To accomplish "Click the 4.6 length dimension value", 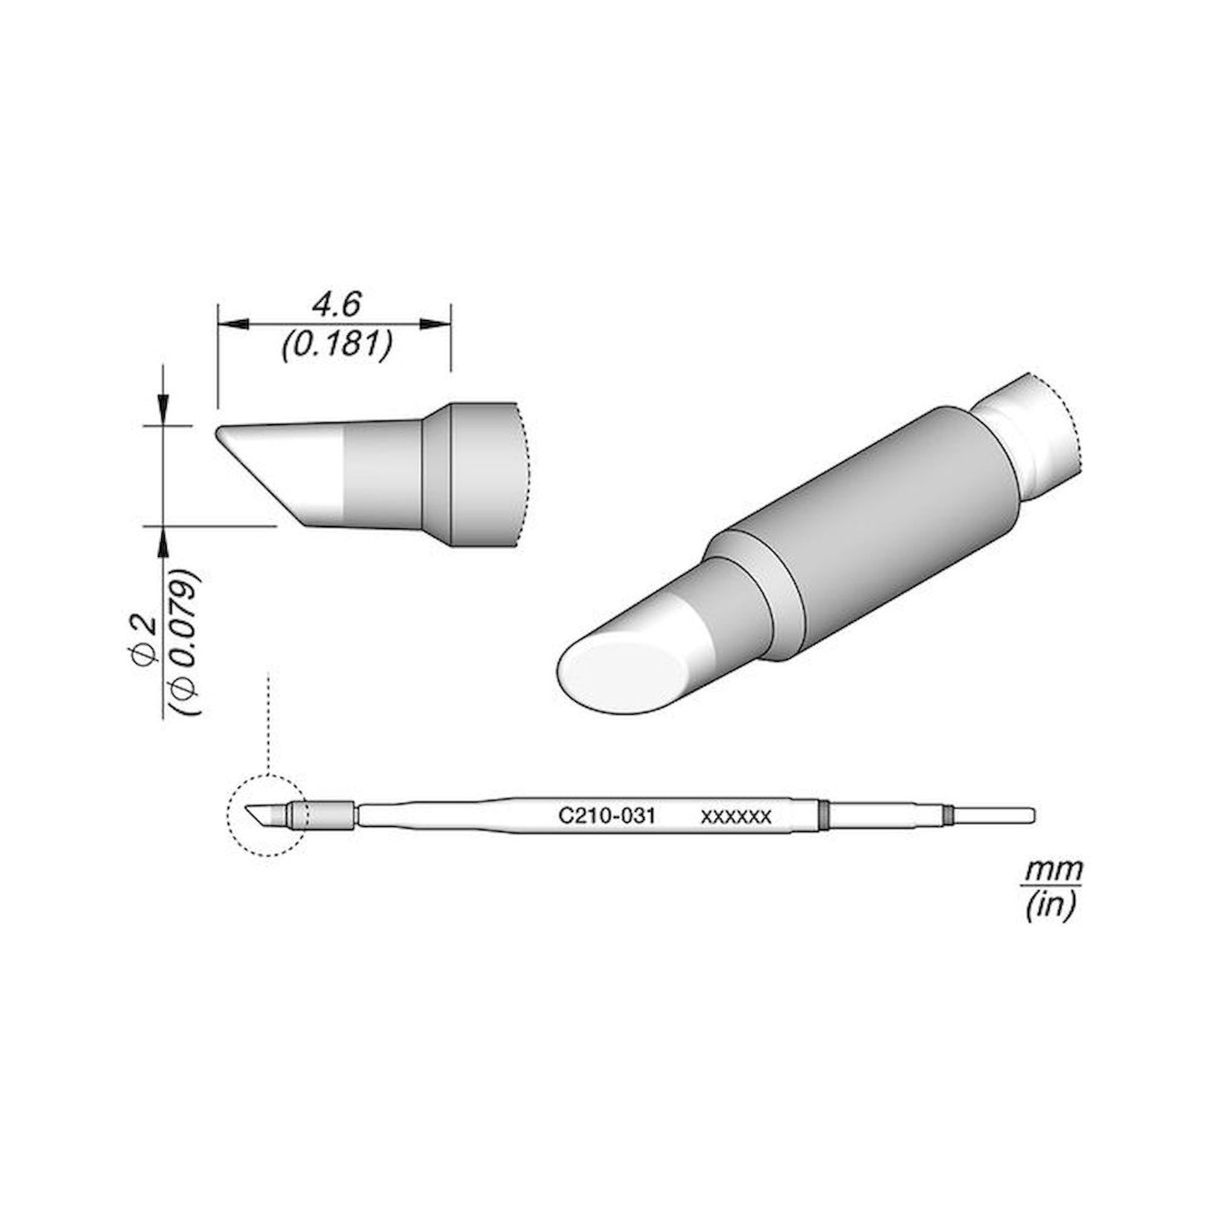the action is (336, 305).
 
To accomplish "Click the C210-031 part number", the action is (607, 816).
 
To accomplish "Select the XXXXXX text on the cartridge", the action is (736, 816).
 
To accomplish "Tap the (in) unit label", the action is (1051, 905).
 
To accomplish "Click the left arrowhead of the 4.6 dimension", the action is (233, 324).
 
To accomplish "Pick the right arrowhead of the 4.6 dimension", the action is (435, 324).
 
